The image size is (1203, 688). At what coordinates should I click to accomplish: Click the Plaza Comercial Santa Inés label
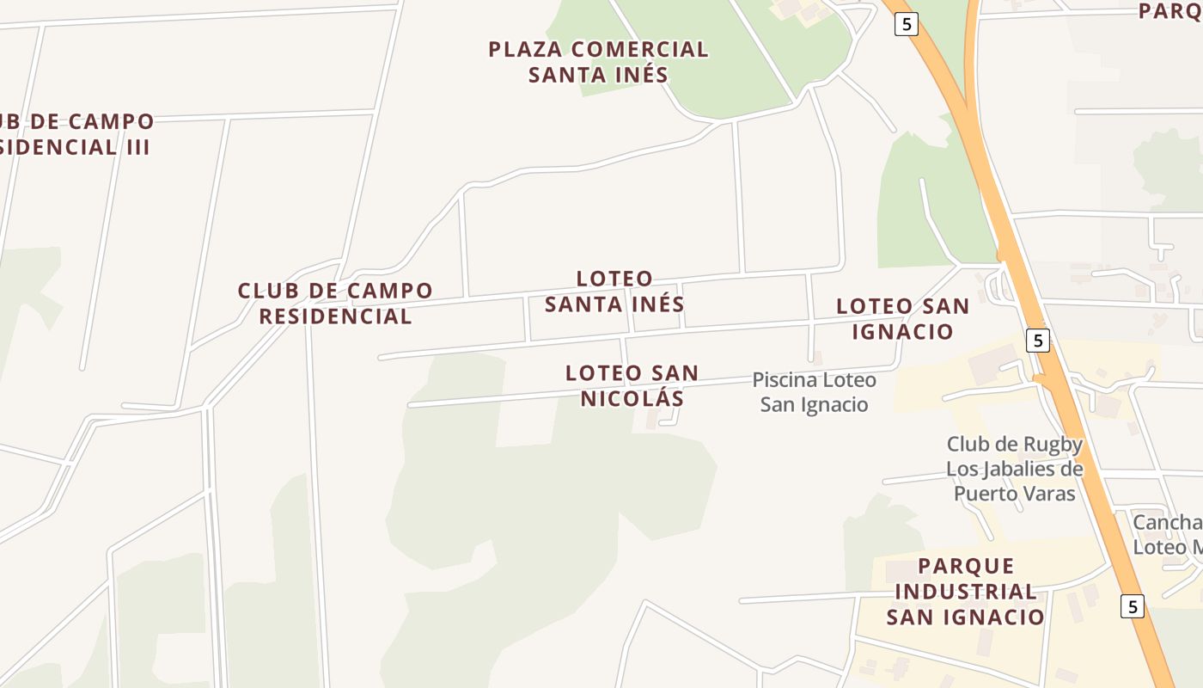pos(598,62)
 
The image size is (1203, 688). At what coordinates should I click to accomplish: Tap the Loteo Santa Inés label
pos(614,292)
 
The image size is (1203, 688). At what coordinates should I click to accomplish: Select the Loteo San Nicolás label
pos(632,385)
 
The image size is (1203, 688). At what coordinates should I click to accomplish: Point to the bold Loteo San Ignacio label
pos(902,318)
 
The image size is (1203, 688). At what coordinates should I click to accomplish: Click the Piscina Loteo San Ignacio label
pos(814,392)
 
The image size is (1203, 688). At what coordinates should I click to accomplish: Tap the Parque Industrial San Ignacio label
pos(966,592)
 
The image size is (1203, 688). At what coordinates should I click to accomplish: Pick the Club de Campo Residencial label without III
pos(335,304)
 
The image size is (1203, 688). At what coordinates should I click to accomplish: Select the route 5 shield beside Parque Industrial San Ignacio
pos(1133,606)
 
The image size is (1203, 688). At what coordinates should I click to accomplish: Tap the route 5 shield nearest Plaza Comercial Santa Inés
pos(906,25)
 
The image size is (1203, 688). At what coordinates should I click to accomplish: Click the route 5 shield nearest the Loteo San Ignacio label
pos(1038,341)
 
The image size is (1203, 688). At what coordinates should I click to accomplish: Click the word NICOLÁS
pos(632,398)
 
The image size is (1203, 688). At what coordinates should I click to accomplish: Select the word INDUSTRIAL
pos(966,592)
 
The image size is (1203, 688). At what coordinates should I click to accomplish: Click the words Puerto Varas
pos(1015,494)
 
